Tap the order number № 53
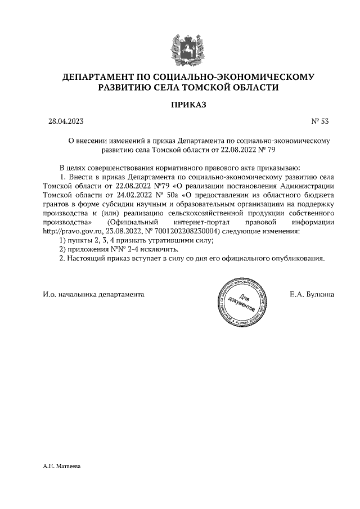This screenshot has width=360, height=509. [319, 121]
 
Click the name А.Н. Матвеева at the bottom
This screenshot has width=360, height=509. [62, 466]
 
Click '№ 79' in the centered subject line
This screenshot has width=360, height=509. [267, 150]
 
